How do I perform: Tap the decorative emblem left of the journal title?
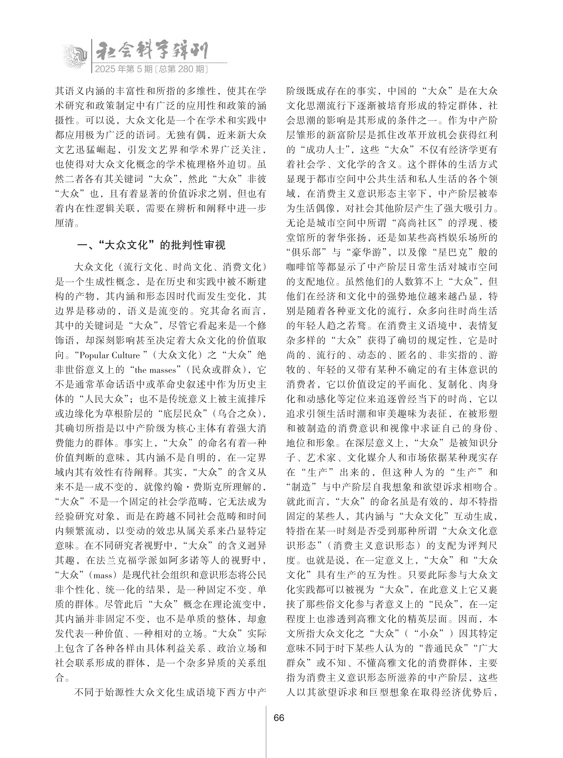point(76,56)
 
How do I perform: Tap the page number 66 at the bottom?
point(279,717)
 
